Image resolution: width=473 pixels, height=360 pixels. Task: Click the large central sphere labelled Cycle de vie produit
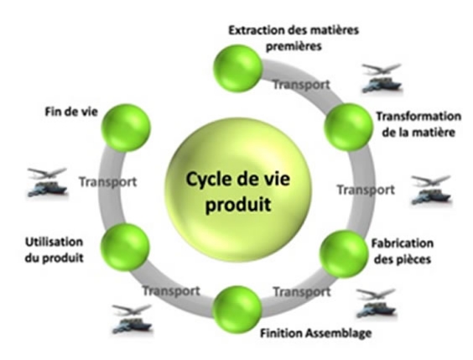click(x=238, y=190)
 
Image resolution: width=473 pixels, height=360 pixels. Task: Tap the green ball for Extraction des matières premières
click(x=237, y=68)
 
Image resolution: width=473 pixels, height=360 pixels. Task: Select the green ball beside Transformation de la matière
click(x=348, y=127)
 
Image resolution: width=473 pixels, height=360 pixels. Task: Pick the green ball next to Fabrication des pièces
click(x=344, y=253)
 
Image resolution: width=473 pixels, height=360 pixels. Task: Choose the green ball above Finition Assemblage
click(x=237, y=310)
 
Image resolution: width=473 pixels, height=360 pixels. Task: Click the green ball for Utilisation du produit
click(x=125, y=247)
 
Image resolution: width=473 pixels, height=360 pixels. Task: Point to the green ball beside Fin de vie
click(x=126, y=128)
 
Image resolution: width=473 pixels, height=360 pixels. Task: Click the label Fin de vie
click(x=71, y=112)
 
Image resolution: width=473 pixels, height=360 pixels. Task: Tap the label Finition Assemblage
click(x=316, y=333)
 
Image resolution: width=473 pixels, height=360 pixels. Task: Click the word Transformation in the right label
click(x=418, y=116)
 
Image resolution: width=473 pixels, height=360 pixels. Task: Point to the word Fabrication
click(x=402, y=243)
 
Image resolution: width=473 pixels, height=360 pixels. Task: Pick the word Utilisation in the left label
click(x=54, y=242)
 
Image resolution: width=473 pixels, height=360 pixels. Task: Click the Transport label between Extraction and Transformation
click(x=301, y=85)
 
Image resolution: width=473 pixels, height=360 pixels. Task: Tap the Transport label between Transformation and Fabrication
click(x=366, y=190)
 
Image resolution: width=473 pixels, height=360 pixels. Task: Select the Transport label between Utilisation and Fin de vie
click(x=108, y=182)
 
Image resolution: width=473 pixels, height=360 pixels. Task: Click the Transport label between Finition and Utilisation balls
click(x=171, y=291)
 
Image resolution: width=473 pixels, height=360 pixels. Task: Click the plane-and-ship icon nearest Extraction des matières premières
click(x=382, y=78)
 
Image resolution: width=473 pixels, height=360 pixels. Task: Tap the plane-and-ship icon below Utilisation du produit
click(x=132, y=319)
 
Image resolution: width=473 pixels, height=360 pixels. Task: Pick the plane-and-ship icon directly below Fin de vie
click(x=47, y=182)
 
